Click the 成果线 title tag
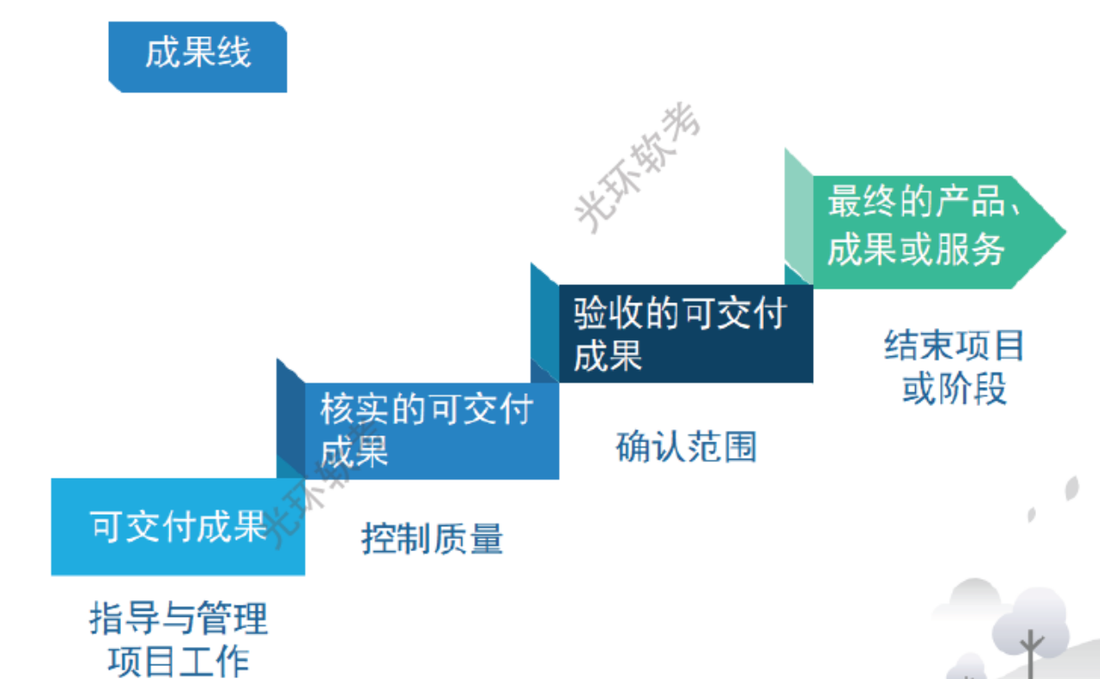click(197, 56)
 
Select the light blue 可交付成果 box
click(178, 526)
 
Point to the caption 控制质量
click(432, 539)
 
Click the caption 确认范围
click(686, 447)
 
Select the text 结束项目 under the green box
click(954, 346)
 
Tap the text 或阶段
click(954, 390)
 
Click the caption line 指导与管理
click(178, 619)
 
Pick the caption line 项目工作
click(178, 661)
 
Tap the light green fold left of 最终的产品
click(798, 216)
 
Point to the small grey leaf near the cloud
click(1071, 488)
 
